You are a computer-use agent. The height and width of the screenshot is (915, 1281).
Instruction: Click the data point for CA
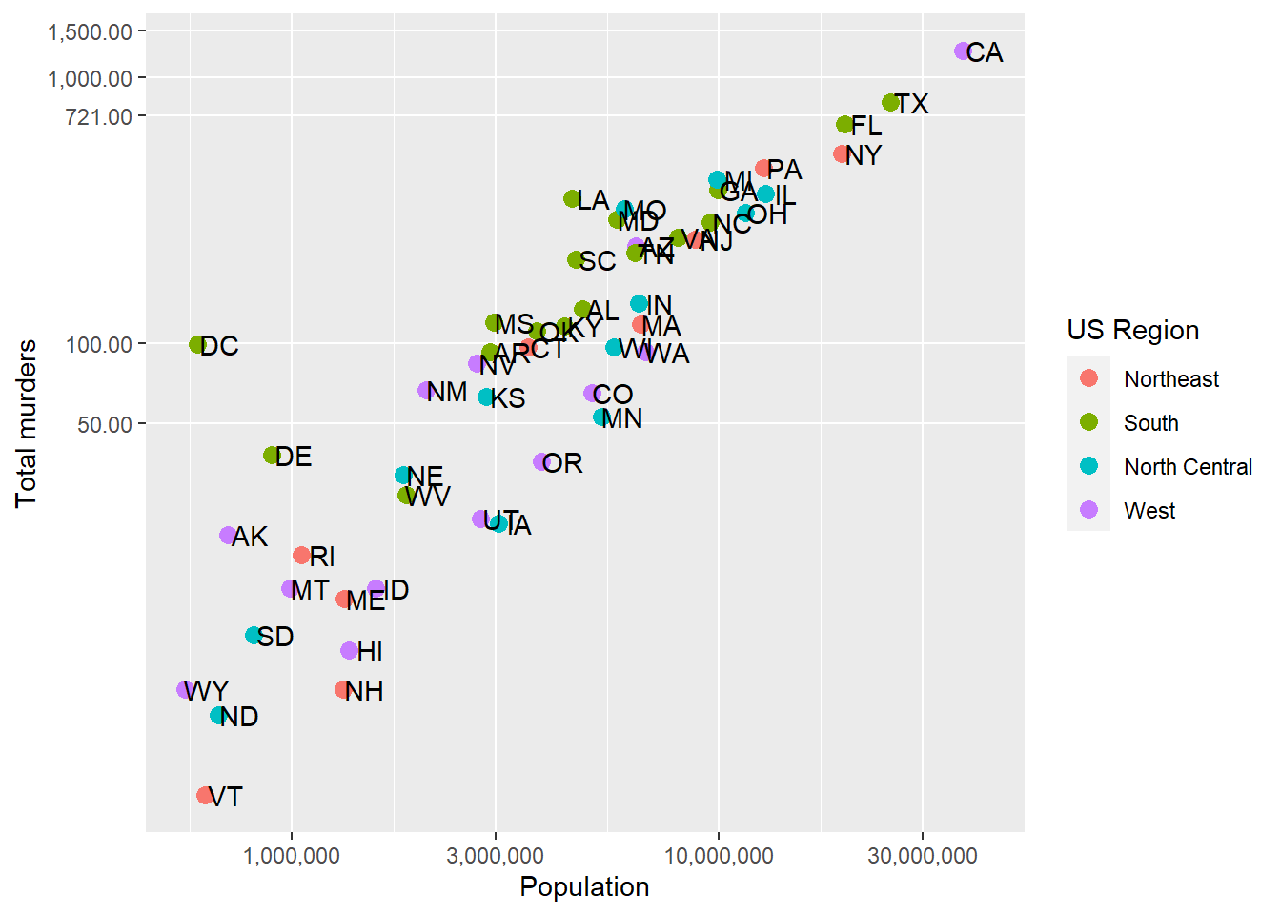point(962,51)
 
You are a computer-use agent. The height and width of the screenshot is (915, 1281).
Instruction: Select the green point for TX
point(890,103)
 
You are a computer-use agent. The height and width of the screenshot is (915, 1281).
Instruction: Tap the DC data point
point(197,345)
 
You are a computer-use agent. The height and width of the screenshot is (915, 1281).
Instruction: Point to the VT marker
point(205,795)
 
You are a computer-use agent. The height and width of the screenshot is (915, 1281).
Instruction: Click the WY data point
point(185,689)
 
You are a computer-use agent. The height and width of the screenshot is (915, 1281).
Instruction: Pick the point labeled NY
point(842,153)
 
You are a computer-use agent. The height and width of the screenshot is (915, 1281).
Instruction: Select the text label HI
point(370,652)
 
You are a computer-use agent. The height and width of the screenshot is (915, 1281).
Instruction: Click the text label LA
point(593,200)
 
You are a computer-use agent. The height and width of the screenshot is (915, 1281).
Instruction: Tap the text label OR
point(563,463)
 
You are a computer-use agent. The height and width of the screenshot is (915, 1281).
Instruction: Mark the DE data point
point(272,456)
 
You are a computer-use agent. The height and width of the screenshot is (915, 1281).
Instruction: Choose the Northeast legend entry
point(1170,379)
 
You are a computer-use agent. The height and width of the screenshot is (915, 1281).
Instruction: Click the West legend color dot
point(1088,510)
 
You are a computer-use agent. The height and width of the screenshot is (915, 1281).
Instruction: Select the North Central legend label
point(1188,467)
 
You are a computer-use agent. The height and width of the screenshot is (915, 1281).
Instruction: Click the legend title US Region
point(1132,330)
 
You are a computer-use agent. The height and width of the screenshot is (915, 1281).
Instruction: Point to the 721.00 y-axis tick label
point(98,116)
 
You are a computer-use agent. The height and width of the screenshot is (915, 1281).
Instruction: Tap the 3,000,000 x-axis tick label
point(495,856)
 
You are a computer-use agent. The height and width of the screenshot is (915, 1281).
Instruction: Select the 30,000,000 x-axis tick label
point(922,856)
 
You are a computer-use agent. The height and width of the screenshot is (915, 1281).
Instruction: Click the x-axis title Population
point(584,886)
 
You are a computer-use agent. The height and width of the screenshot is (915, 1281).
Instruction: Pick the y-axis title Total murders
point(26,423)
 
